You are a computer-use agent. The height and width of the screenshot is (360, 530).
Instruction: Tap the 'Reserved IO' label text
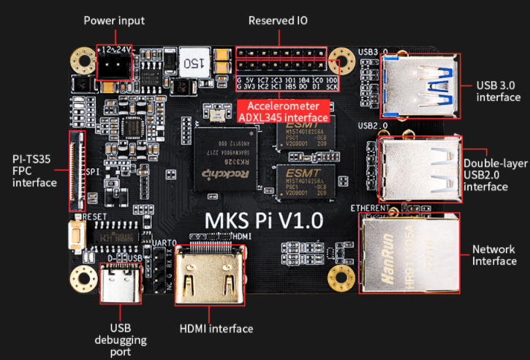tap(277, 20)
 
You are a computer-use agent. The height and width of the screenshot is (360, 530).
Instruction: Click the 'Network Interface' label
tap(494, 255)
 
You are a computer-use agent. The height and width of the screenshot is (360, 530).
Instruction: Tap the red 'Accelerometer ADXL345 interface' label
tap(284, 111)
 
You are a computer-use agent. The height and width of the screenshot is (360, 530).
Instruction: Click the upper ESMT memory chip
tap(305, 137)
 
